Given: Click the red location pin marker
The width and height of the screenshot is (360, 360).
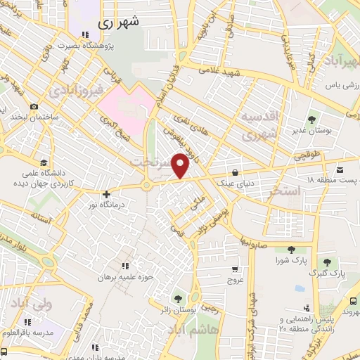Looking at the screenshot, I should [181, 165].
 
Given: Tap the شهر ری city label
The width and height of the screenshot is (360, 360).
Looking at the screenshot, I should [115, 22].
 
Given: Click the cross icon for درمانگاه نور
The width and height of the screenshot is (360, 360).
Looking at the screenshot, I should [106, 194].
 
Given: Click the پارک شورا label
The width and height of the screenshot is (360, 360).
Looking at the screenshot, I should [290, 260].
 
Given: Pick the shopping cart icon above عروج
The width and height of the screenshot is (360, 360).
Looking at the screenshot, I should [234, 268].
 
